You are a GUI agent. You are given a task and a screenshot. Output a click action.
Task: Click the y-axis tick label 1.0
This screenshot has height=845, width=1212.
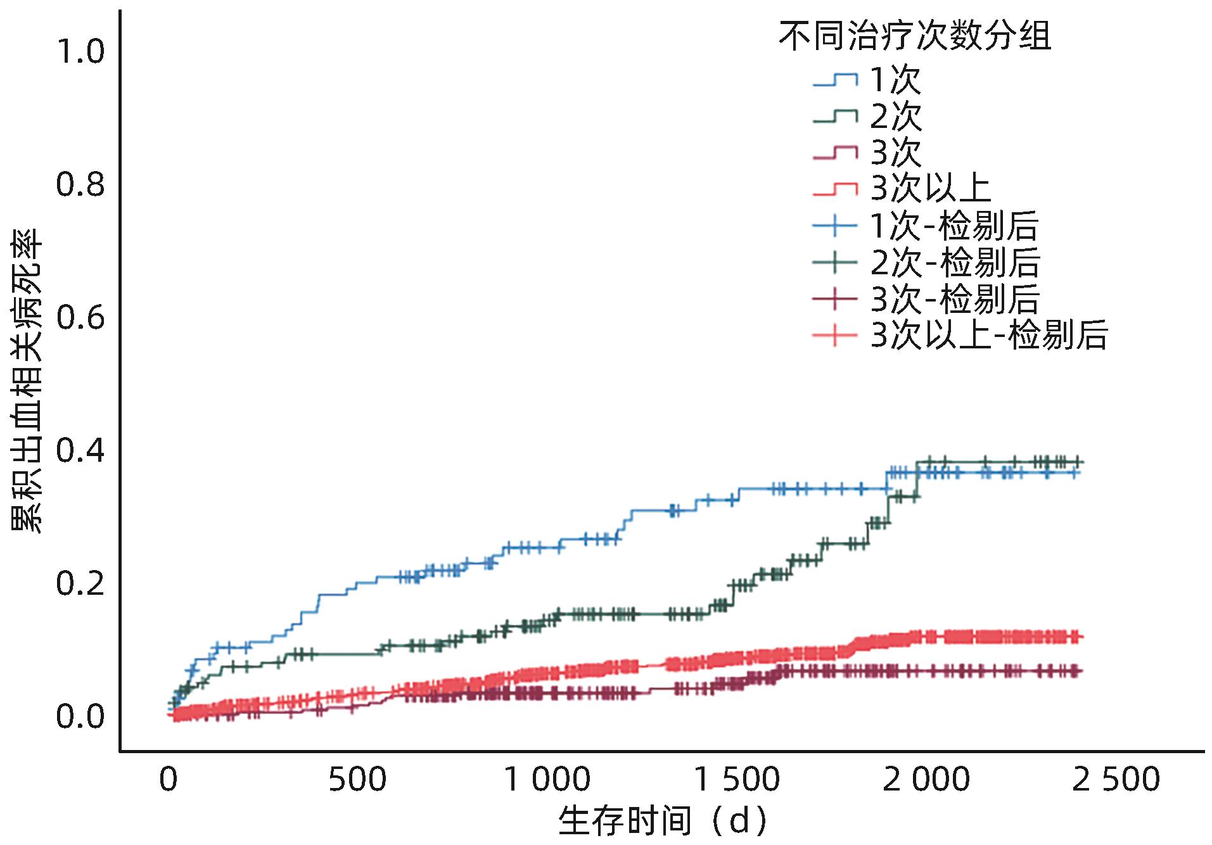80,51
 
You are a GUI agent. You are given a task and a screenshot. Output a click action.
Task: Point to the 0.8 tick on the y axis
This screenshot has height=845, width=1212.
80,185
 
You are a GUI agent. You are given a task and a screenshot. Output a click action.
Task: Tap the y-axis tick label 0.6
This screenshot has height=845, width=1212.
80,318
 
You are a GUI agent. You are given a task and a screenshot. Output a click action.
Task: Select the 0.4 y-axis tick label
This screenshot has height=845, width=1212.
80,451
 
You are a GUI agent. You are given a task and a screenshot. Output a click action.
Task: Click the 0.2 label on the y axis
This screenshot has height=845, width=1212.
80,584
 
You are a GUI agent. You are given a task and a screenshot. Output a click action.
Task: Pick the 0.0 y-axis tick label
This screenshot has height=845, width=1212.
80,717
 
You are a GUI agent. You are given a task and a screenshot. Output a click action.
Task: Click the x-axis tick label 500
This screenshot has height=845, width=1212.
357,780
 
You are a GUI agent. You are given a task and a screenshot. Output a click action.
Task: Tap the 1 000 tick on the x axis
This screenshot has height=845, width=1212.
547,780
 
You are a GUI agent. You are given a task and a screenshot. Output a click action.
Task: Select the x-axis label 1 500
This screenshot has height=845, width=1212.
737,780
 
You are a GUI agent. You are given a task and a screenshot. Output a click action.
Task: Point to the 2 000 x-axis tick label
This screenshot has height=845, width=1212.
926,780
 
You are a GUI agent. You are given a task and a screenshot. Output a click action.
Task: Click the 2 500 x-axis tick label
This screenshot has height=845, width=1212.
1116,780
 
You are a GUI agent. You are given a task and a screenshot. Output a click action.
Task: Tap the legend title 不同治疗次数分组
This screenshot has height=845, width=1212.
915,36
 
